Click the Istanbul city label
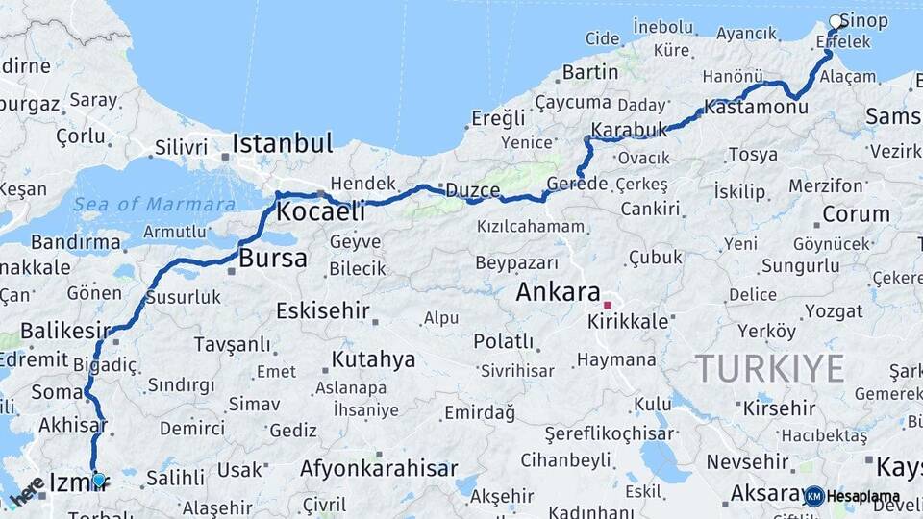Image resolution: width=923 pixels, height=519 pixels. click(x=283, y=144)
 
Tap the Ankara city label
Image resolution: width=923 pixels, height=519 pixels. click(x=558, y=291)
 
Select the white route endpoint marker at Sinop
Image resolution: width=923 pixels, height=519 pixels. click(x=836, y=21)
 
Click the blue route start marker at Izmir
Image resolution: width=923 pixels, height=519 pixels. click(x=98, y=479)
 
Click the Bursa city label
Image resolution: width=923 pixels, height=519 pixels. click(x=273, y=258)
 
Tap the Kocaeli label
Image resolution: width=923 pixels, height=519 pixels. click(x=321, y=210)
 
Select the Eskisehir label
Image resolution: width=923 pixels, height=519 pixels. click(x=323, y=310)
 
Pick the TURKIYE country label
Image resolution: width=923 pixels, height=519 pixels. click(x=770, y=367)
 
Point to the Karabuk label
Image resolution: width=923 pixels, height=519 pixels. click(x=629, y=129)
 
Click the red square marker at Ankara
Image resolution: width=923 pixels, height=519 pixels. click(x=607, y=305)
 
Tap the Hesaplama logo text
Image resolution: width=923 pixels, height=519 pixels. click(x=863, y=496)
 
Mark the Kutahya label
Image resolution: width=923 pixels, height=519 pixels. click(x=373, y=359)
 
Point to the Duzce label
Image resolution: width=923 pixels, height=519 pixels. click(x=470, y=190)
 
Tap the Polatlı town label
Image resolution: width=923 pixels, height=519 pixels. click(x=503, y=341)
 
